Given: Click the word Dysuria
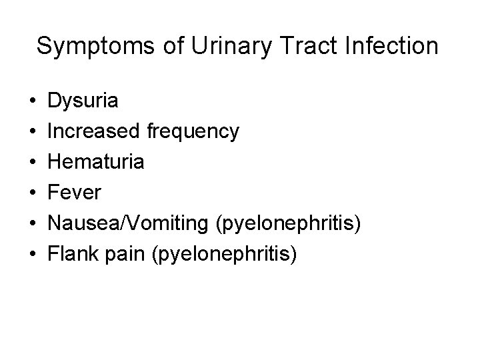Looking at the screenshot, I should point(85,101).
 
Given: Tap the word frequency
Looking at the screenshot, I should point(193,132).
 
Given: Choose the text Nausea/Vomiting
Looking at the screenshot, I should point(131,223).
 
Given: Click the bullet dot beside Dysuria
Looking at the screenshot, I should point(33,101).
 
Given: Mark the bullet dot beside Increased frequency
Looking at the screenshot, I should point(33,132).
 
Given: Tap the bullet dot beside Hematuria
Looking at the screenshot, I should point(33,163).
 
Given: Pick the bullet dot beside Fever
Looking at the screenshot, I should point(33,193).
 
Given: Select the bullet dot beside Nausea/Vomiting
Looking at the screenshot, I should point(33,223).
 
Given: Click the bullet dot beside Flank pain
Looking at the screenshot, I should point(33,254).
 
